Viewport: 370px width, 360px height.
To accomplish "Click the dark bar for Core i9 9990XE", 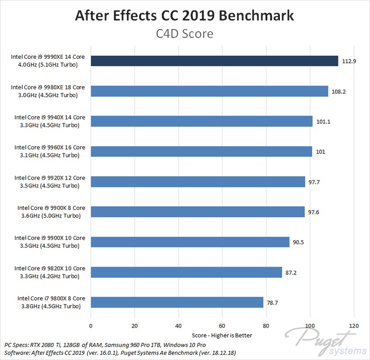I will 215,61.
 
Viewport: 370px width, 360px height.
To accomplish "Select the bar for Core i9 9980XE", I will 210,91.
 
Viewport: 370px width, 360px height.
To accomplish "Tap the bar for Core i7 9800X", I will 177,302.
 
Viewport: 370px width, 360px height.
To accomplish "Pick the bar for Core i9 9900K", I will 198,212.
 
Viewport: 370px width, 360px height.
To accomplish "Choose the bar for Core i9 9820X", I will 186,272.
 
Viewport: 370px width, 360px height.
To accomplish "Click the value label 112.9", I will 348,61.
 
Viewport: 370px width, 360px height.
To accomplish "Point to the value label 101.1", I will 322,122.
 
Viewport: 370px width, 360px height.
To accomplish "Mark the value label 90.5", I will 299,242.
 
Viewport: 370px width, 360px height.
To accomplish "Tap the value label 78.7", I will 273,303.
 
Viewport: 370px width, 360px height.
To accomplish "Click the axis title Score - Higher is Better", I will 222,335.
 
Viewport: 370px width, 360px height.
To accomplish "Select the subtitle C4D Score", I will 185,34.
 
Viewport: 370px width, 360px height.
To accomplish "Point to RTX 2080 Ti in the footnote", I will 49,345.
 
